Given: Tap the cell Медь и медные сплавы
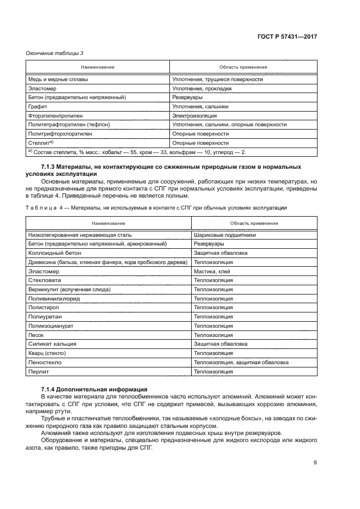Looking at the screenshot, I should [x=58, y=79].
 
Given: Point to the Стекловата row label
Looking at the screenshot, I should [x=43, y=280].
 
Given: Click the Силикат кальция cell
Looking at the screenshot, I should [x=52, y=344].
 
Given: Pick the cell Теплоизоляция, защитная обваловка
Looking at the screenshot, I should [x=241, y=362].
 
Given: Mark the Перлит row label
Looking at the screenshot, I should [x=38, y=371].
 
